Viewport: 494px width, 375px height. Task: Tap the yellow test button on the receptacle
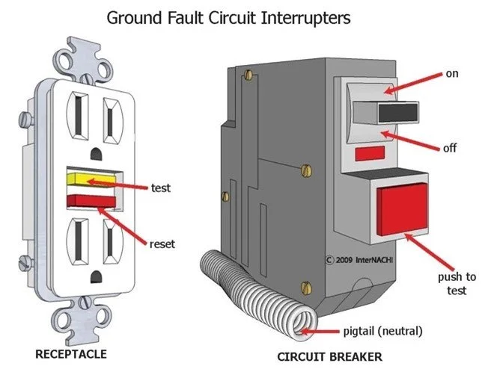pos(90,180)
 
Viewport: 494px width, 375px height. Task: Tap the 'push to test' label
pos(458,284)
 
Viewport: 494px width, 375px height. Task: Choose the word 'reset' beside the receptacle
pos(162,244)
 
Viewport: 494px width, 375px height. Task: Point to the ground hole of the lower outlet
pos(94,278)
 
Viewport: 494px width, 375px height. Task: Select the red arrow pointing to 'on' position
pos(415,82)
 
